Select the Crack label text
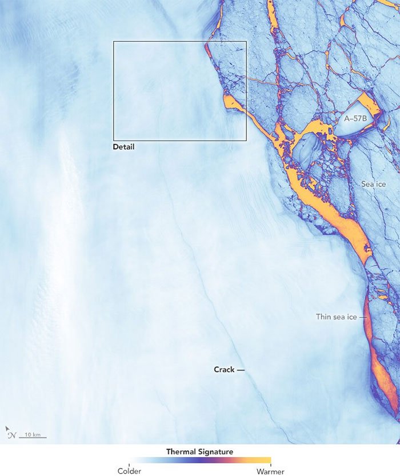(224, 370)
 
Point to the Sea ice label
(374, 185)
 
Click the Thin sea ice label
(337, 316)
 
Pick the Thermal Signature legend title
(199, 451)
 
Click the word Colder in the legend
(129, 471)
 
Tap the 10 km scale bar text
(33, 435)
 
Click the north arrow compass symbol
(10, 433)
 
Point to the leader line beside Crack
(241, 370)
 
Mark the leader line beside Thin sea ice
(362, 317)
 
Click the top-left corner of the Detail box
(114, 41)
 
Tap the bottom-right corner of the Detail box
(246, 141)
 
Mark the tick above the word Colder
(129, 465)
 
